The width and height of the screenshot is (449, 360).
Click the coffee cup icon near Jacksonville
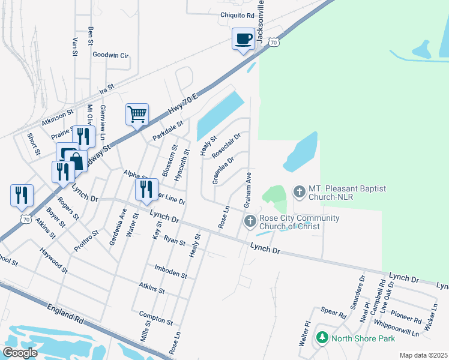coord(243,40)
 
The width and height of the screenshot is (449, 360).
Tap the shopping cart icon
coord(137,113)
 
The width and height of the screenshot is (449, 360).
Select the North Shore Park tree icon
coord(322,338)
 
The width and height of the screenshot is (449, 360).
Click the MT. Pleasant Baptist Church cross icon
coord(298,193)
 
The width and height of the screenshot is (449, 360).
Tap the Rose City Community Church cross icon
coord(250,222)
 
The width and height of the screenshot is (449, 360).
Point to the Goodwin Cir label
coord(111,55)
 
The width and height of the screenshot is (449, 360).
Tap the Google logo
coord(20,352)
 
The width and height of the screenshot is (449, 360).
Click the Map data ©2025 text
coord(423,355)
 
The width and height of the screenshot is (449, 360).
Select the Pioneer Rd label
coord(406,317)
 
